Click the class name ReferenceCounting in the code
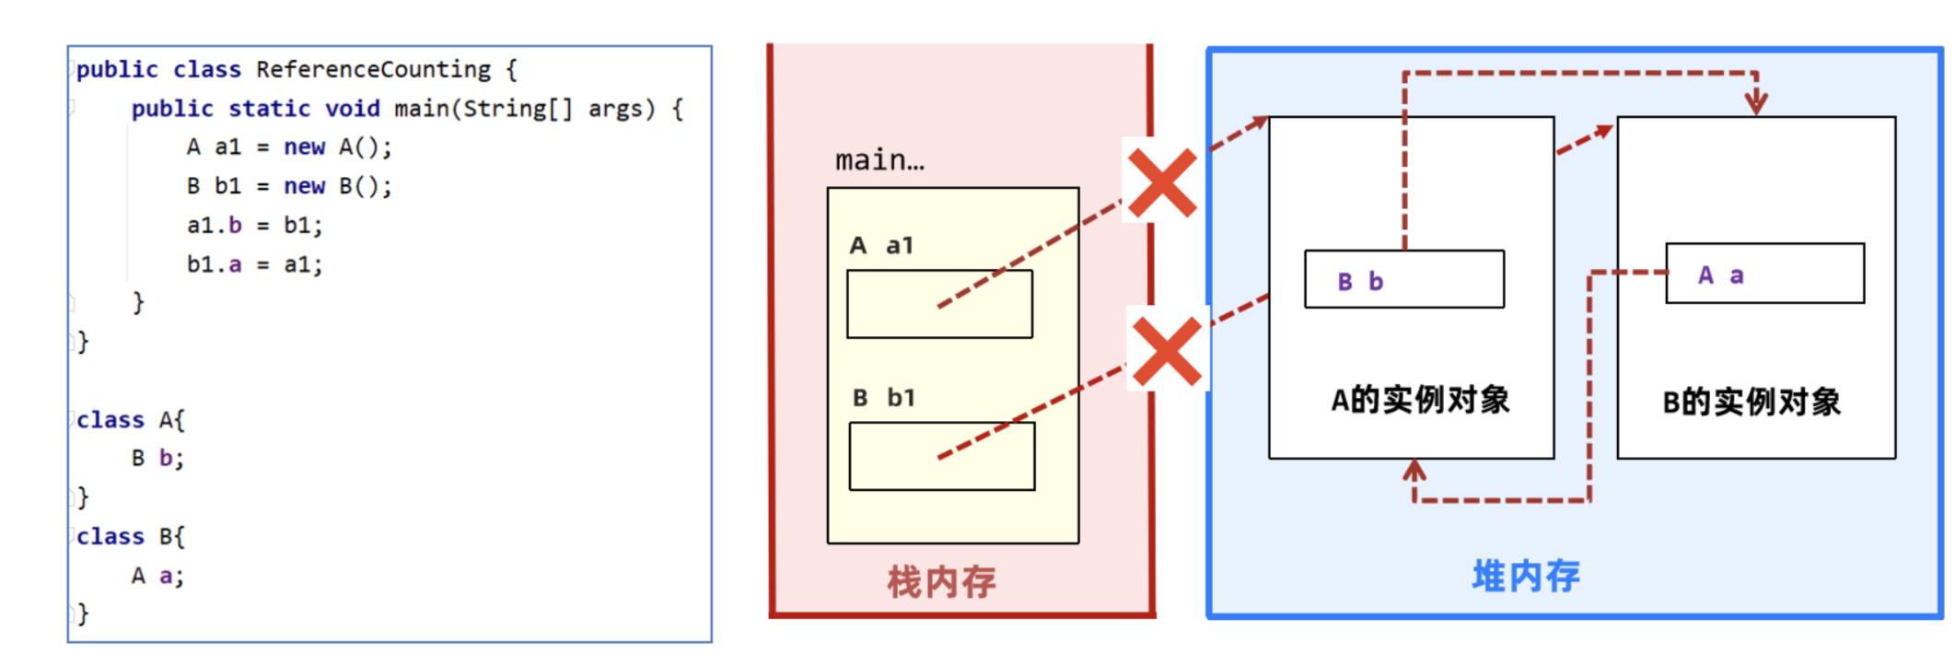pos(373,70)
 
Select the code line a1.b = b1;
pos(254,226)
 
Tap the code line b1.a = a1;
pos(254,265)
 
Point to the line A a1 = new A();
pos(289,147)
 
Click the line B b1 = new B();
pos(289,187)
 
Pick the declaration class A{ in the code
pos(131,420)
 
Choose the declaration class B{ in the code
pos(131,537)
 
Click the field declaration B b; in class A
pos(157,459)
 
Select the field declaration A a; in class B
pos(157,577)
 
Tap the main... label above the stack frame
pos(879,161)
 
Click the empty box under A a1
pos(939,304)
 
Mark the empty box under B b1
pos(941,456)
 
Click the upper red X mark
pos(1162,183)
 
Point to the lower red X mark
pos(1167,351)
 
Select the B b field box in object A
pos(1403,279)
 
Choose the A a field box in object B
pos(1764,274)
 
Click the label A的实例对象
pos(1420,401)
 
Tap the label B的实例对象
pos(1752,403)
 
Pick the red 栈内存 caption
pos(941,582)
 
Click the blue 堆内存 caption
pos(1526,577)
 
